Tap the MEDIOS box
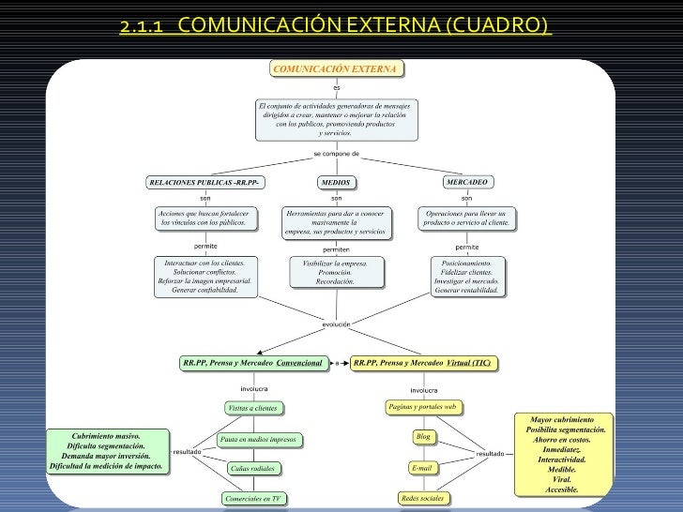(335, 182)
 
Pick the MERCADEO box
(467, 181)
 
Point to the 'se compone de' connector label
(336, 153)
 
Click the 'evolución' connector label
(336, 324)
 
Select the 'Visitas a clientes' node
(253, 408)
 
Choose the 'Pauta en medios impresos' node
(257, 438)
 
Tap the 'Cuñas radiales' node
(253, 468)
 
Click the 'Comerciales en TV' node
(253, 499)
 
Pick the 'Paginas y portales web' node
(422, 407)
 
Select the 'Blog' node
(422, 437)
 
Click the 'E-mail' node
(422, 467)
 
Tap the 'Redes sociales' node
(422, 498)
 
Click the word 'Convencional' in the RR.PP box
(299, 362)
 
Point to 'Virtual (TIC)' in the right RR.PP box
(469, 362)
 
